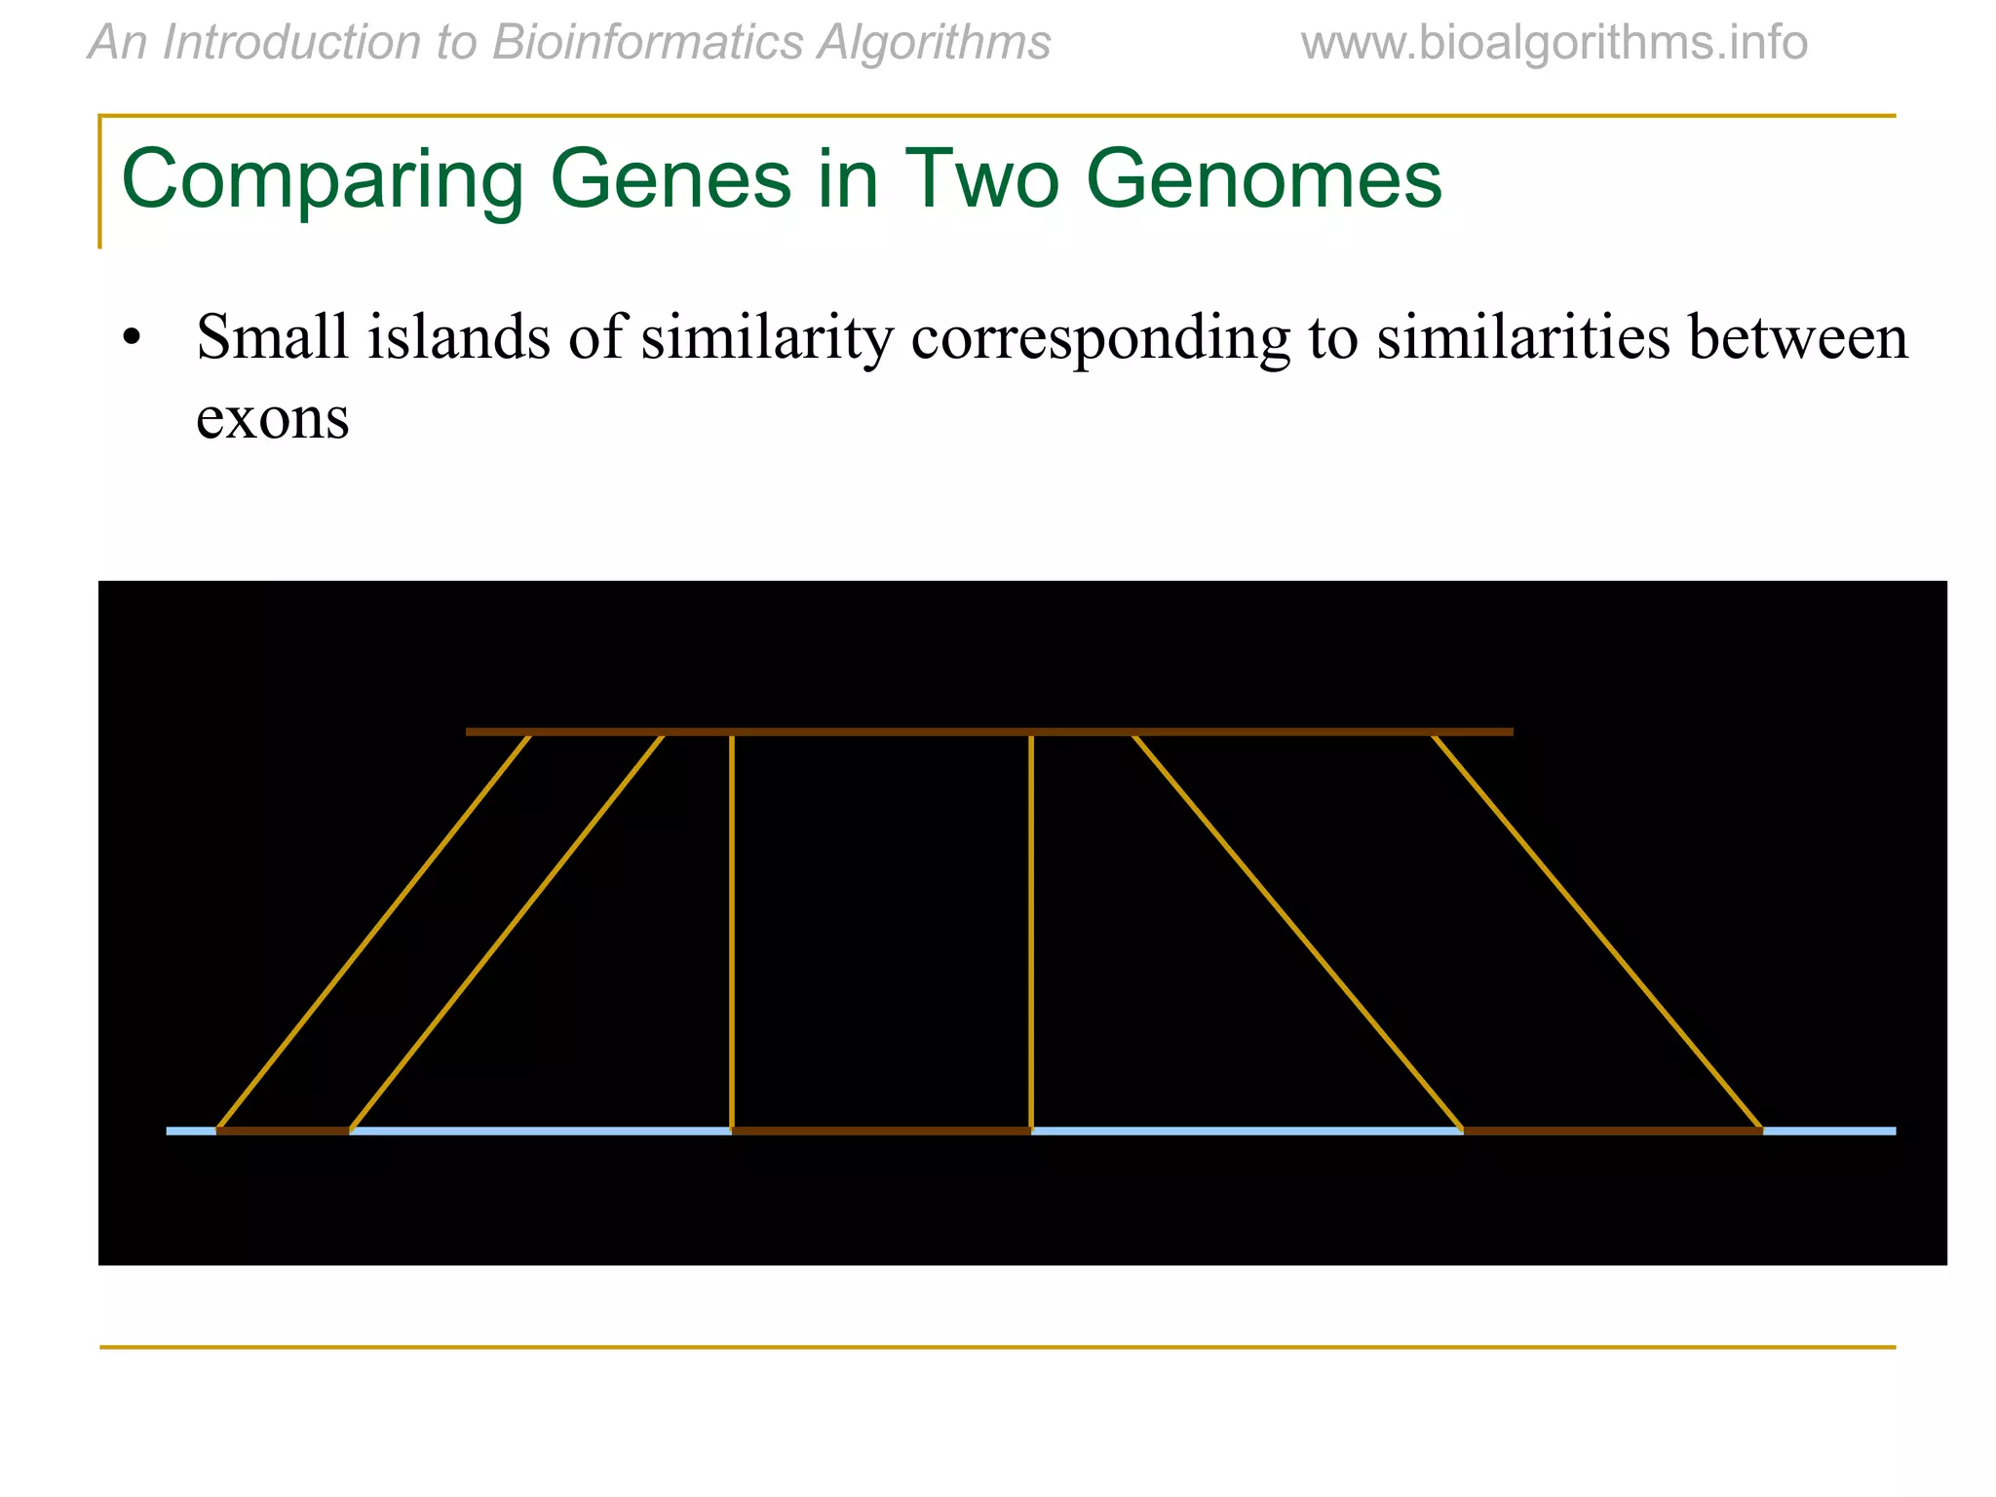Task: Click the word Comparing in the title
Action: (x=322, y=181)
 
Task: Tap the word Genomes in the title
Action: (x=1263, y=179)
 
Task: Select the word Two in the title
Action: (x=982, y=179)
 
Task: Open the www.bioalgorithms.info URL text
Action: (x=1554, y=43)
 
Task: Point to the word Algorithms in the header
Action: (x=934, y=43)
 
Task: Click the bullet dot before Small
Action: (x=133, y=339)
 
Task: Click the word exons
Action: (x=273, y=419)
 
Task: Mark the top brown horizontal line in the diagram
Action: (x=988, y=731)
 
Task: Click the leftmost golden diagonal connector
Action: (x=374, y=931)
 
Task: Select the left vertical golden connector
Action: (x=732, y=931)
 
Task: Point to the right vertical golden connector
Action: (x=1031, y=931)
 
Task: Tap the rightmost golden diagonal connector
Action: (x=1596, y=931)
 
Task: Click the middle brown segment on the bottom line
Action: (x=881, y=1131)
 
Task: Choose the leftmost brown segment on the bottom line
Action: (x=283, y=1131)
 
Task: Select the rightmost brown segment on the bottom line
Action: (x=1613, y=1131)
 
